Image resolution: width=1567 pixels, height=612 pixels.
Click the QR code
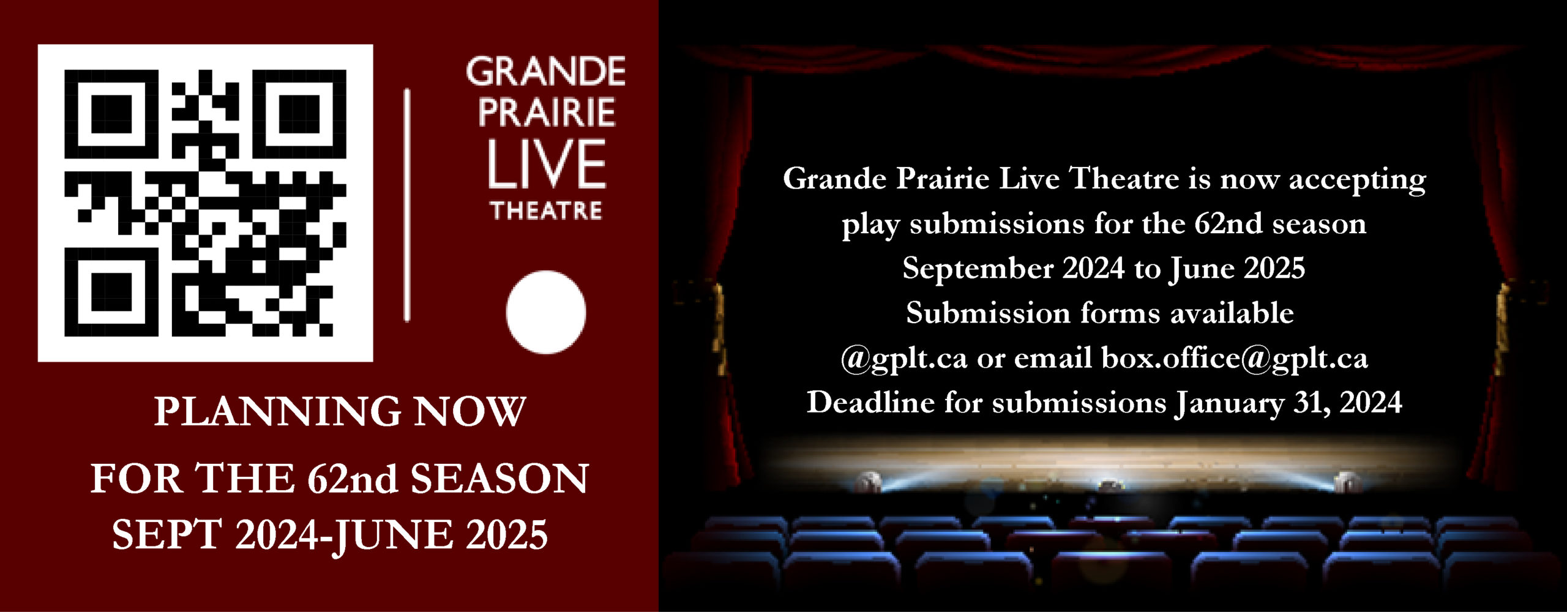click(x=206, y=203)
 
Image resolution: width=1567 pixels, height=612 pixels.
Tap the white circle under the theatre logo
click(x=545, y=312)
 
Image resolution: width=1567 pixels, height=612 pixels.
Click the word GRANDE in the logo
click(x=545, y=72)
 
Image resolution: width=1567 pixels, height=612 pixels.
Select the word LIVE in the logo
click(x=547, y=164)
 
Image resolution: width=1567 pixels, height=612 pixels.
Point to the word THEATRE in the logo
click(x=546, y=211)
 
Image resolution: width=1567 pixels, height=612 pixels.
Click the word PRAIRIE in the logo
click(x=547, y=113)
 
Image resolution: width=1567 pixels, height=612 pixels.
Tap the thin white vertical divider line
click(x=407, y=205)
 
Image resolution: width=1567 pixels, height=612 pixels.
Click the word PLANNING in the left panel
click(x=278, y=411)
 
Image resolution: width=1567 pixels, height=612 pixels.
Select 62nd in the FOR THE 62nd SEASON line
click(x=353, y=478)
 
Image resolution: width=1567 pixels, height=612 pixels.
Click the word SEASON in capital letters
click(x=499, y=478)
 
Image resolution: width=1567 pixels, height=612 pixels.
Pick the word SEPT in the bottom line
click(x=166, y=534)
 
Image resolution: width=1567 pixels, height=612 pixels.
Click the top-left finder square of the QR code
click(x=111, y=115)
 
